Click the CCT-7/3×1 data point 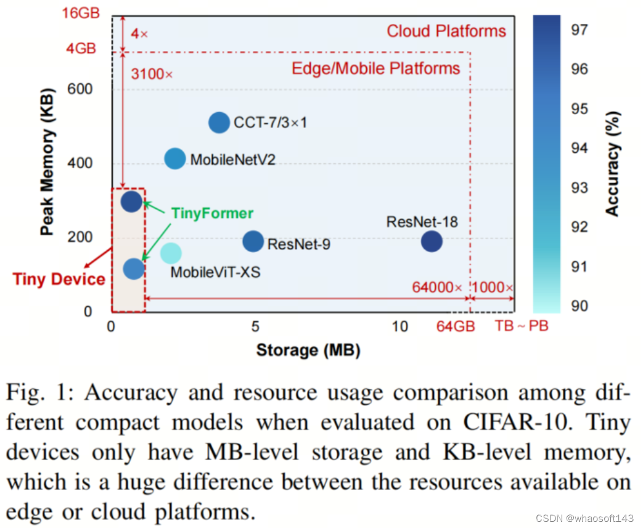219,123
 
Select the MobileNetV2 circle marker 175,159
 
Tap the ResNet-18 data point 432,241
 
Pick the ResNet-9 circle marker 253,242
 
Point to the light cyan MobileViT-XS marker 171,253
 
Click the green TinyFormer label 211,214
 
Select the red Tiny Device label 59,279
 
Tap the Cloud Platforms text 446,31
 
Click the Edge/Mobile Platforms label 376,68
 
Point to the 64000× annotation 437,287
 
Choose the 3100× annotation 152,74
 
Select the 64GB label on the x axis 456,326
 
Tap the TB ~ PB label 522,325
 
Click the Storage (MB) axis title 308,351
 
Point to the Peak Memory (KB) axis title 47,163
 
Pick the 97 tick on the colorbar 579,28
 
